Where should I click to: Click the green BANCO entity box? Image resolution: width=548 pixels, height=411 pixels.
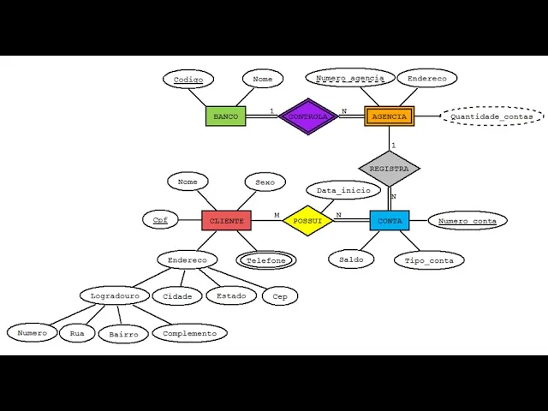point(225,116)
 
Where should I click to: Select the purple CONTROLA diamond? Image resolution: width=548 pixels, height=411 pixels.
point(309,116)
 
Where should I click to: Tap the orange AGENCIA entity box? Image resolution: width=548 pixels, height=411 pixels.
point(390,116)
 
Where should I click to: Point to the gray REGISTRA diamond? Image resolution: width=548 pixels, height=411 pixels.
point(389,169)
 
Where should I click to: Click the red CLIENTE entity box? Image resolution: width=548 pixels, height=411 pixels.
point(226,221)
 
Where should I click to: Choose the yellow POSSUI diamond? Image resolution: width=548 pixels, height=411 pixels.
point(307,221)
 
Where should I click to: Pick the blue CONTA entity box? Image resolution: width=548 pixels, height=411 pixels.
point(390,221)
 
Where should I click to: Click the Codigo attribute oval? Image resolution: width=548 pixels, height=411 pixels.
point(188,80)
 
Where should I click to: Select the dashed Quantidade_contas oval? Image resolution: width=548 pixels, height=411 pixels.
point(491,116)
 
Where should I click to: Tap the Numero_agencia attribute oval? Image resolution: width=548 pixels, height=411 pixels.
point(350,78)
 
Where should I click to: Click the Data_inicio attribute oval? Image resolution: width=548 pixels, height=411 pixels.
point(342,190)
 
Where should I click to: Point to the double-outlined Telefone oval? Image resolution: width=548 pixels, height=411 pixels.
point(266,260)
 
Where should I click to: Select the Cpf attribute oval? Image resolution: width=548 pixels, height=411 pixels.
point(160,220)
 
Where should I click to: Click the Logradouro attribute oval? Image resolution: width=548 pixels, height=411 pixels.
point(115,296)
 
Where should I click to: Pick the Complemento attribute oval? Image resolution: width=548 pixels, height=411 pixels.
point(190,333)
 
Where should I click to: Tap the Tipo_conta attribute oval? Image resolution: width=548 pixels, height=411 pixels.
point(429,260)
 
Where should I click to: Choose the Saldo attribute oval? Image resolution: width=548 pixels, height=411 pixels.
point(351,259)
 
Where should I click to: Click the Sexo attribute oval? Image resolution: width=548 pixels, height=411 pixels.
point(265,182)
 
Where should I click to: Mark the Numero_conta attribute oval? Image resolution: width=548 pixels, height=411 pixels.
point(468,221)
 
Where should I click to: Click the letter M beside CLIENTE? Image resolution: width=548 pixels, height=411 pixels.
point(277,215)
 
